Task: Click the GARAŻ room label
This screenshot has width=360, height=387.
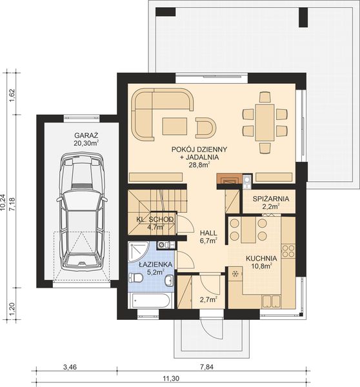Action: tap(86, 135)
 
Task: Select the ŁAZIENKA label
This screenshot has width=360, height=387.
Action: tap(152, 264)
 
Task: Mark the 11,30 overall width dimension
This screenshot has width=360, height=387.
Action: tap(170, 378)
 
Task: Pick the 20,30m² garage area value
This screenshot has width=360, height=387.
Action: tap(86, 143)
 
